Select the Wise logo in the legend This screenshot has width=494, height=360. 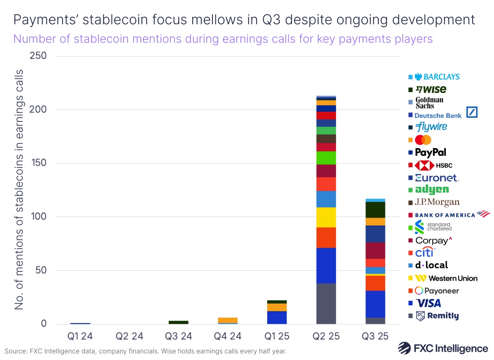pos(431,89)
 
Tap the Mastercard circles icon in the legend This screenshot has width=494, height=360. pos(423,140)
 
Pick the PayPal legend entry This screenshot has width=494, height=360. pos(430,153)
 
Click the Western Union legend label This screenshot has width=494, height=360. pos(447,279)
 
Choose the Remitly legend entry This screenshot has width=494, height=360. pos(437,316)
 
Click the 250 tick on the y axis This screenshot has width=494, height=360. pos(38,56)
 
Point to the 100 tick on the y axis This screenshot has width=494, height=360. pos(38,217)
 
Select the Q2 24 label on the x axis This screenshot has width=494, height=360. pos(129,336)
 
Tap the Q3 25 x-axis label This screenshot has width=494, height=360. pos(375,336)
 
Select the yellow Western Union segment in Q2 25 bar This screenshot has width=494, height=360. pos(326,217)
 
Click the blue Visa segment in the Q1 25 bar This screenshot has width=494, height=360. pos(277,318)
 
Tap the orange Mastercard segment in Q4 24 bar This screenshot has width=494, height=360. pos(228,320)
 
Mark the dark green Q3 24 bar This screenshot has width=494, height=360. pos(178,322)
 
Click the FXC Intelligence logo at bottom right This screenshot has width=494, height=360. pos(443,348)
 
